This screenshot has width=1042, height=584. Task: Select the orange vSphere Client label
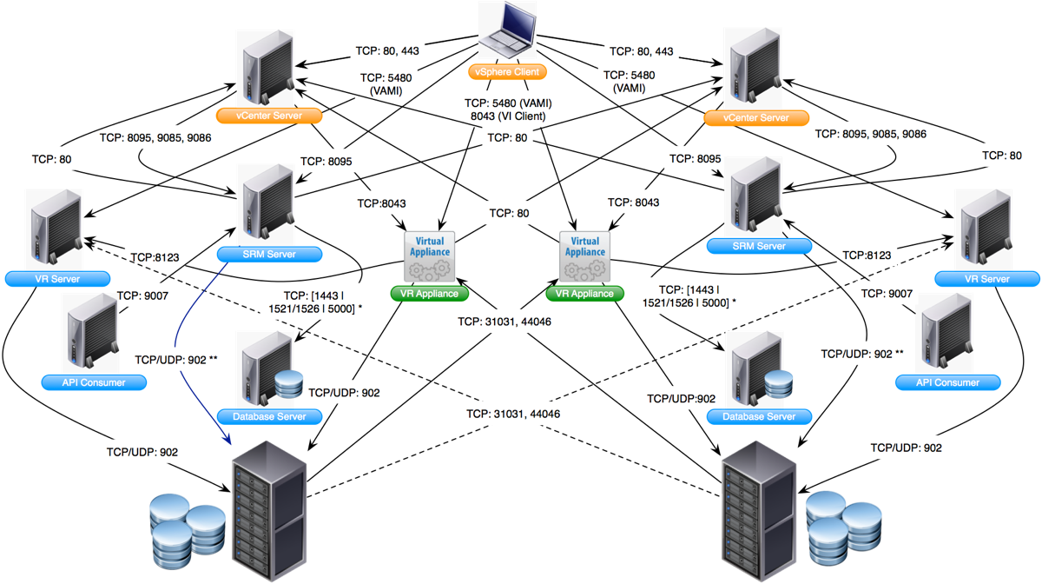coord(508,71)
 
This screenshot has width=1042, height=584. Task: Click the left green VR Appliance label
coord(430,294)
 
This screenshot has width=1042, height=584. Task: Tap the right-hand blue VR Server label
coord(987,279)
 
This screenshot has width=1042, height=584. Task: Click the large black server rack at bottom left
coord(269,508)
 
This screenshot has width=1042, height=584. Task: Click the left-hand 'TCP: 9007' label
coord(142,295)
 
